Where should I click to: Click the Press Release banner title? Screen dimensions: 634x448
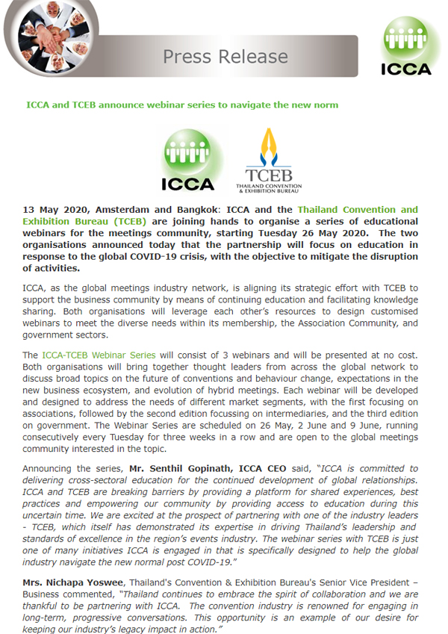click(x=225, y=57)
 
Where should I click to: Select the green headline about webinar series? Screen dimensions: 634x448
click(x=181, y=105)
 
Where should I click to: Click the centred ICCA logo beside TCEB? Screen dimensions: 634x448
click(x=187, y=159)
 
